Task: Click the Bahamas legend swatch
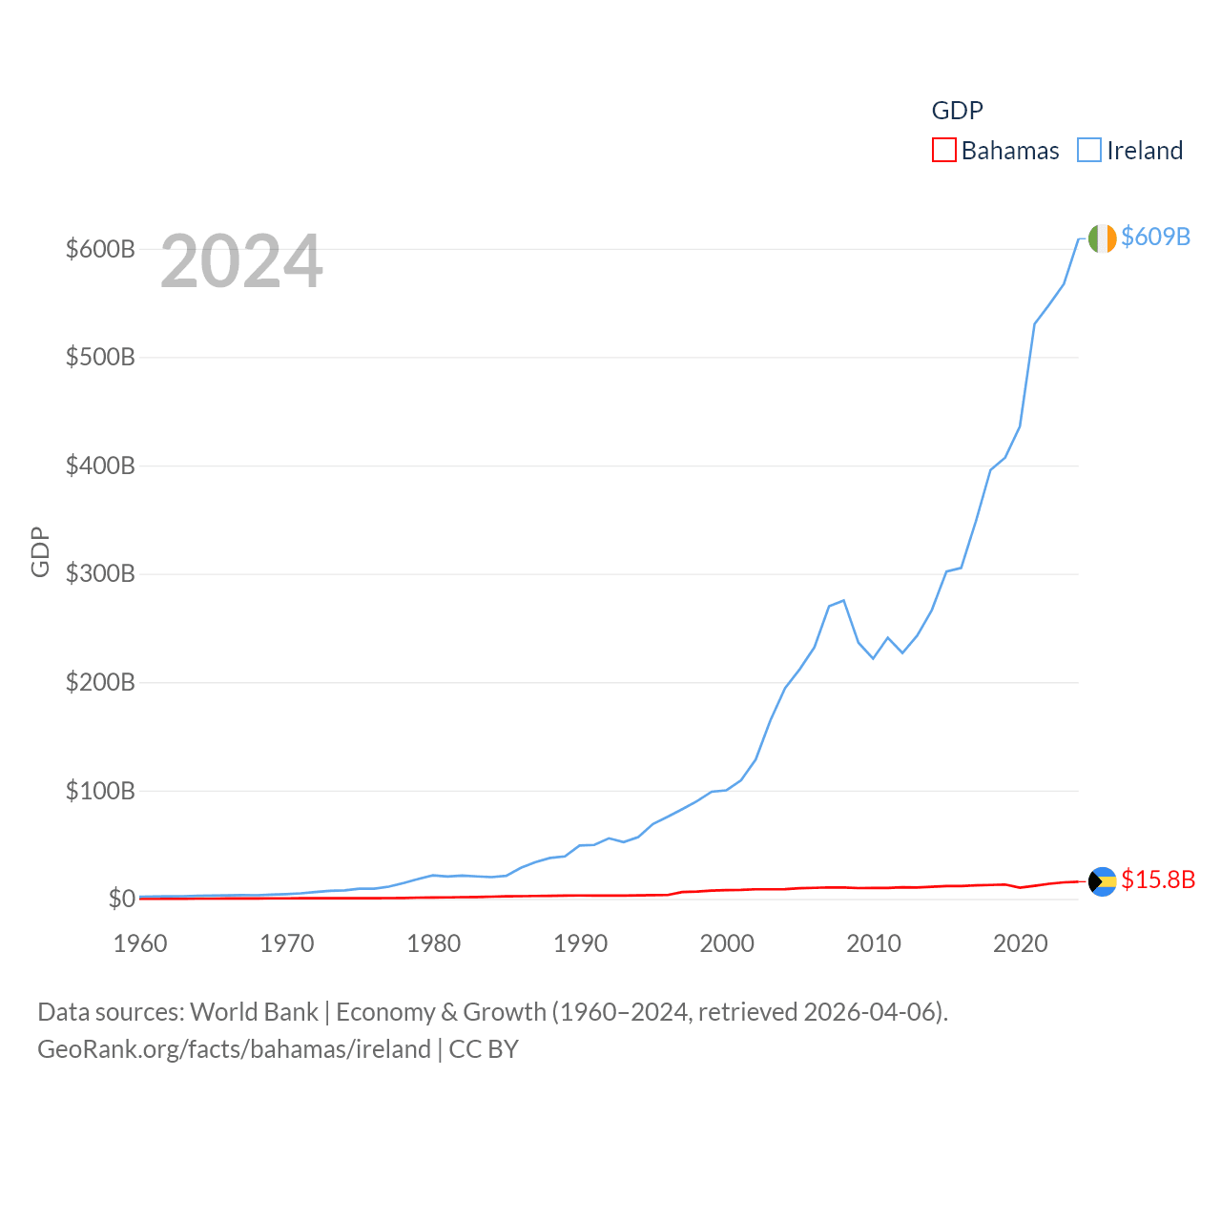pyautogui.click(x=943, y=151)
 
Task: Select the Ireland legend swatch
pyautogui.click(x=1088, y=151)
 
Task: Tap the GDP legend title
pyautogui.click(x=957, y=111)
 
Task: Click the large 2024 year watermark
pyautogui.click(x=241, y=261)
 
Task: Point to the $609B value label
pyautogui.click(x=1155, y=237)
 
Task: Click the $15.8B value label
pyautogui.click(x=1158, y=880)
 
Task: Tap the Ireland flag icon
pyautogui.click(x=1102, y=238)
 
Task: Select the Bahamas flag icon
pyautogui.click(x=1102, y=881)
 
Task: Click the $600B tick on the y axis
pyautogui.click(x=100, y=249)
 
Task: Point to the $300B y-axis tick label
pyautogui.click(x=100, y=574)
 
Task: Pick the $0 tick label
pyautogui.click(x=121, y=899)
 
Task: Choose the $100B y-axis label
pyautogui.click(x=100, y=791)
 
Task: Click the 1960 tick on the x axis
pyautogui.click(x=140, y=943)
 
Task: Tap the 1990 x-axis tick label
pyautogui.click(x=580, y=943)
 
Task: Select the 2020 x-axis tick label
pyautogui.click(x=1020, y=943)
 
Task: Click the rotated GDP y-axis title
pyautogui.click(x=40, y=551)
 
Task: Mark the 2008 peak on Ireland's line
pyautogui.click(x=843, y=600)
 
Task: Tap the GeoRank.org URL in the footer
pyautogui.click(x=234, y=1049)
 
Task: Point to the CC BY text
pyautogui.click(x=484, y=1049)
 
